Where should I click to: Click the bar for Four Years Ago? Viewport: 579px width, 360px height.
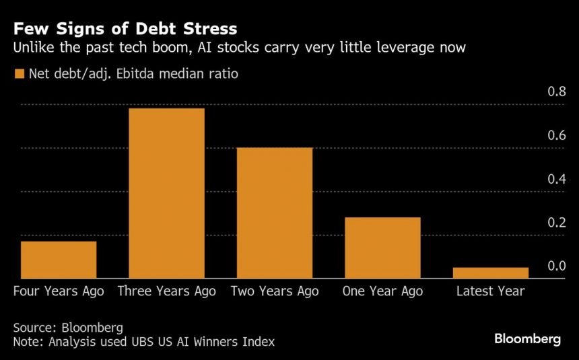[59, 260]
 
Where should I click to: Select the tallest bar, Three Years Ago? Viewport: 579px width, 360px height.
[166, 193]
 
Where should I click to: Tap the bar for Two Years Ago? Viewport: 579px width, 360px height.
[275, 213]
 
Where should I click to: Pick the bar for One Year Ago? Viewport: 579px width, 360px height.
[382, 248]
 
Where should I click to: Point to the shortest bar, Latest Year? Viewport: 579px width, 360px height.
[490, 273]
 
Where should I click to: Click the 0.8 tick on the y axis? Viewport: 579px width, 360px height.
[556, 91]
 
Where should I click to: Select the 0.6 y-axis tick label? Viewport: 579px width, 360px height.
[556, 135]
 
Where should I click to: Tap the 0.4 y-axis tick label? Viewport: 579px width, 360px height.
[556, 178]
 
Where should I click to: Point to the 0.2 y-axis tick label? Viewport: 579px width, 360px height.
[556, 222]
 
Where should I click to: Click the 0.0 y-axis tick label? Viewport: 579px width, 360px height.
[556, 266]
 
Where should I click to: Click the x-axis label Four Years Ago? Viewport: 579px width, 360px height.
[59, 291]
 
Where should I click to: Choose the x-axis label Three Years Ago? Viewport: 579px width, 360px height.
[166, 291]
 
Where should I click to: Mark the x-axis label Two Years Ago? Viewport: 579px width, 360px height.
[275, 291]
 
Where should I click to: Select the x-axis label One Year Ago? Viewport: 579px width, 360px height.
[382, 291]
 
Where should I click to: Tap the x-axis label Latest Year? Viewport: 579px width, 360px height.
[490, 291]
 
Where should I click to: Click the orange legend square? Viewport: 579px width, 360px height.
[19, 73]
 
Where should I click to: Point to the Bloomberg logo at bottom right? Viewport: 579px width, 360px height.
[527, 339]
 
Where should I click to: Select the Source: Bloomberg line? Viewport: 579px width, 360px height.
[67, 328]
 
